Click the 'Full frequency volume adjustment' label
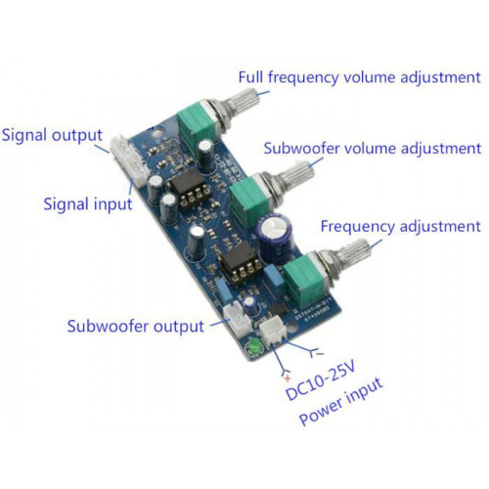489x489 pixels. (360, 77)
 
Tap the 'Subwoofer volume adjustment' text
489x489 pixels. (373, 149)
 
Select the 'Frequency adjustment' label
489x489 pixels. (401, 226)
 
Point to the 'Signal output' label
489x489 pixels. (52, 135)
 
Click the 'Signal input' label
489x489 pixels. (88, 204)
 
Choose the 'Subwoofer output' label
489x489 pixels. (136, 327)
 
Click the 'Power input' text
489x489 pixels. (341, 402)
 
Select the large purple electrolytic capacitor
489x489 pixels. (275, 238)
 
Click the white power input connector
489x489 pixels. (273, 331)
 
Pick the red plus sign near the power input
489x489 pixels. (288, 378)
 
